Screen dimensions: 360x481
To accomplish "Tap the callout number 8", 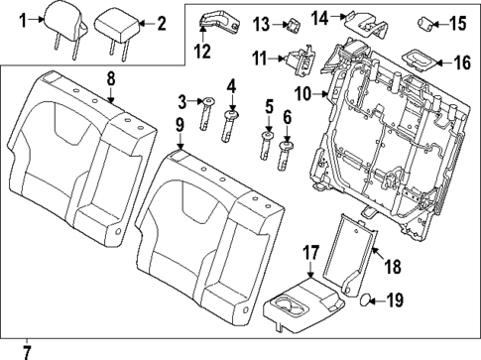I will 111,76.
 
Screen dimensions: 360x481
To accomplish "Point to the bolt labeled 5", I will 268,144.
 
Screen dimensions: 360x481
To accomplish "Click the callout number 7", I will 27,349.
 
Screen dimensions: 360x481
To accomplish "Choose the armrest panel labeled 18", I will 354,252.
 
